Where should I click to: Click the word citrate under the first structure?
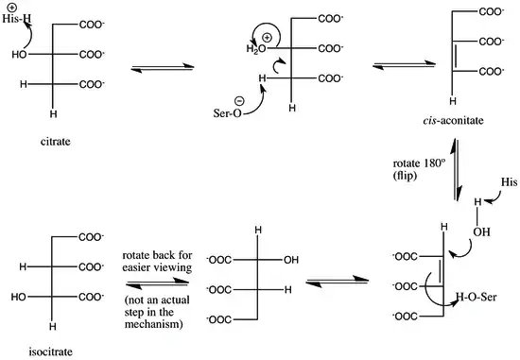56,142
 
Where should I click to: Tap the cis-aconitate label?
453,120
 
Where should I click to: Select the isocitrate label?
50,351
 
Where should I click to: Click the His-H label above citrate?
17,19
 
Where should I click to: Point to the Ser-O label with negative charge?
228,113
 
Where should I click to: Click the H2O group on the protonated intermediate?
256,49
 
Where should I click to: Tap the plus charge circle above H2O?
267,38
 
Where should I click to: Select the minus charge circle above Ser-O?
239,100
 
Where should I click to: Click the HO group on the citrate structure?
19,55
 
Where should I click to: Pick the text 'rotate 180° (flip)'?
417,169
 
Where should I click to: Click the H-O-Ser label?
477,297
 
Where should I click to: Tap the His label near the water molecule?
509,182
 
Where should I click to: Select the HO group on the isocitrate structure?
18,297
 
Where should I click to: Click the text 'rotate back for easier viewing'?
157,261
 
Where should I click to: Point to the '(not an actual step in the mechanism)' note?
157,312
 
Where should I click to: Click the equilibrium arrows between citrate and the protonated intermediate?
163,67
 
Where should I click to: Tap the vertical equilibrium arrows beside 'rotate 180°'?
456,170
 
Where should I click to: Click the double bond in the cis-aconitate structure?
455,57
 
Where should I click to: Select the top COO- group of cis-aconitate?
492,12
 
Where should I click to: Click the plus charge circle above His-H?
10,8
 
